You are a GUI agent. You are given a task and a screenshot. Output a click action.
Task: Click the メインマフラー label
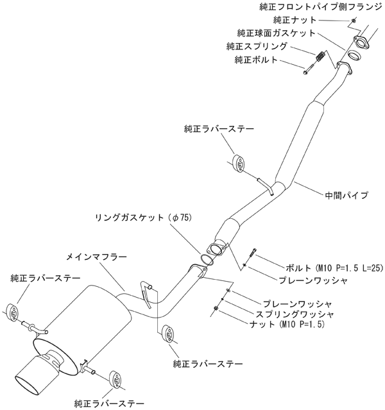click(96, 256)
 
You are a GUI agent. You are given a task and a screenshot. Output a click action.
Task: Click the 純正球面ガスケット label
click(276, 33)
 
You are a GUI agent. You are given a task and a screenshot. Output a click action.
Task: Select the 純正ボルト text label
click(257, 60)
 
